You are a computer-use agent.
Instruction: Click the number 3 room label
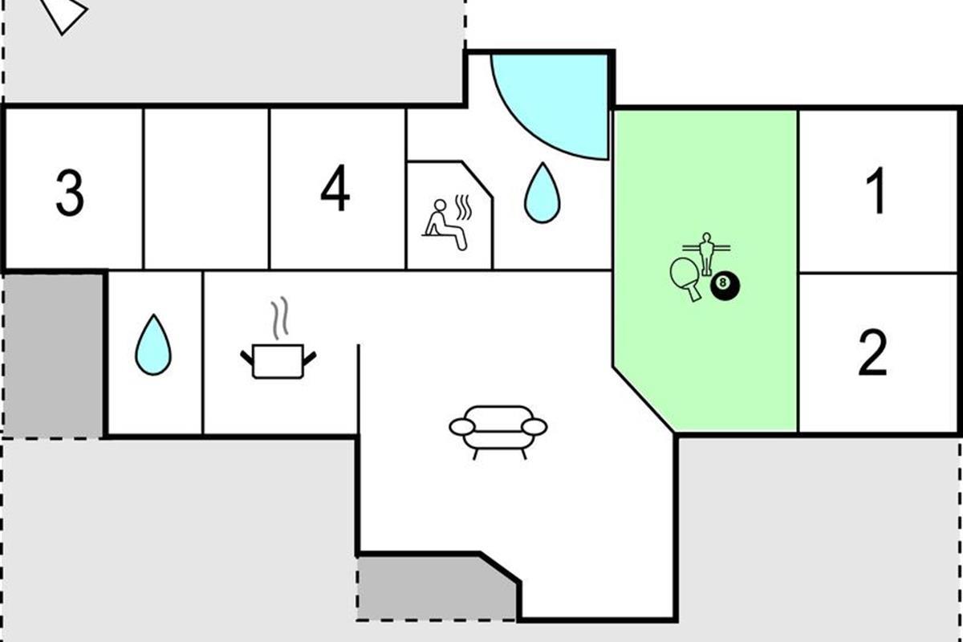[70, 193]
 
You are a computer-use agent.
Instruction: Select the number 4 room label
[335, 192]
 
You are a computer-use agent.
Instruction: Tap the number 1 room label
[876, 192]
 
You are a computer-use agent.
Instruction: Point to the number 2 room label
[873, 353]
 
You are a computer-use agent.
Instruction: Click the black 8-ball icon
[725, 284]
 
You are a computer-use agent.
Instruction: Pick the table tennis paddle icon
[685, 277]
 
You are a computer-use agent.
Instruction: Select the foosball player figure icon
[706, 252]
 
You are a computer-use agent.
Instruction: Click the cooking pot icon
[278, 360]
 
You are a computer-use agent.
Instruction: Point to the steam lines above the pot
[278, 318]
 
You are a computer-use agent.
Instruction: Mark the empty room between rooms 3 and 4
[206, 190]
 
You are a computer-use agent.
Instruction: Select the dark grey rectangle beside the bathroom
[52, 355]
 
